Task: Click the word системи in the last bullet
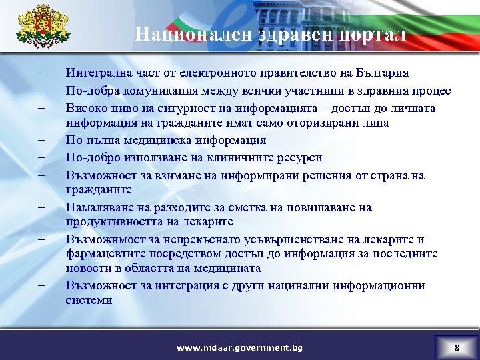pyautogui.click(x=89, y=299)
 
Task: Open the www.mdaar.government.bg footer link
pyautogui.click(x=239, y=347)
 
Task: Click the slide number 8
pyautogui.click(x=457, y=347)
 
